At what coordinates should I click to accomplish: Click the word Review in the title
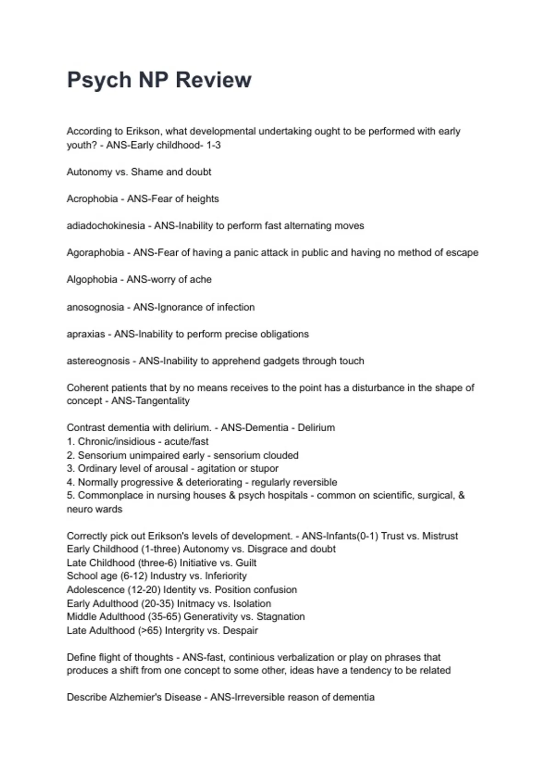coord(214,80)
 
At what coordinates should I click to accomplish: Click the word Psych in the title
coord(99,80)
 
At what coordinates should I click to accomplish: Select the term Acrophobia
coord(92,199)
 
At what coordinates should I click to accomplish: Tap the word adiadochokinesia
coord(106,226)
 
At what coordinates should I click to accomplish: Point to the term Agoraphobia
coord(95,252)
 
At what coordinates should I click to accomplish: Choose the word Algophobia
coord(92,279)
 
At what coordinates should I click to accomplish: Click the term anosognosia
coord(95,307)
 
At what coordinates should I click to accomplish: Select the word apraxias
coord(86,334)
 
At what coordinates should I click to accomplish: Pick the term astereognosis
coord(98,361)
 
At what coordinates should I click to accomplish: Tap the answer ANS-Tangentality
coord(150,401)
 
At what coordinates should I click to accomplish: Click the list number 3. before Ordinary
coord(71,468)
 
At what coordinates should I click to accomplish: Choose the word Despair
coord(240,630)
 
